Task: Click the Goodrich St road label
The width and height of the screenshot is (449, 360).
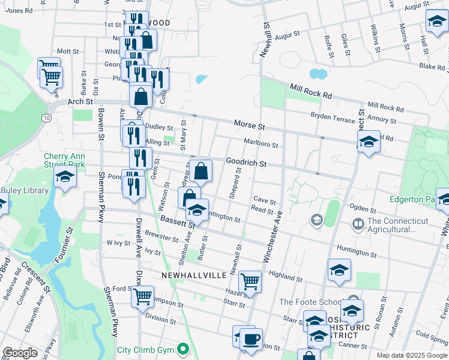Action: click(246, 163)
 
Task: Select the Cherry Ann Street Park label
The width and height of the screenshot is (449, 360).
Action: click(64, 160)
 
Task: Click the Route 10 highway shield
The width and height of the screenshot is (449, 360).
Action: click(46, 118)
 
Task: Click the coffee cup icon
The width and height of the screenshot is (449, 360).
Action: click(251, 339)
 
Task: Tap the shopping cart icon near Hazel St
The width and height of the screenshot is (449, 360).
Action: click(250, 281)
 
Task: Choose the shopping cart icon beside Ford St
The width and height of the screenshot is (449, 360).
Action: click(143, 296)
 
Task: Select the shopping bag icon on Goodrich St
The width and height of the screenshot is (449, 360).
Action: click(202, 171)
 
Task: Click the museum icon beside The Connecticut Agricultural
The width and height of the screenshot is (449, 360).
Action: click(358, 224)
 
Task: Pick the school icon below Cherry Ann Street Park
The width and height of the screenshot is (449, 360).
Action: click(65, 178)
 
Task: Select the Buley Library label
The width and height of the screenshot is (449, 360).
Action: click(24, 190)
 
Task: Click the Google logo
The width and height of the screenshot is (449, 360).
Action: click(20, 353)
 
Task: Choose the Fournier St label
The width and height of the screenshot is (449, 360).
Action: click(64, 242)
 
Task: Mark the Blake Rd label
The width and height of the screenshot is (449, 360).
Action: click(431, 67)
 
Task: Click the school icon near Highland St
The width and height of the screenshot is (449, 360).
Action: click(339, 271)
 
